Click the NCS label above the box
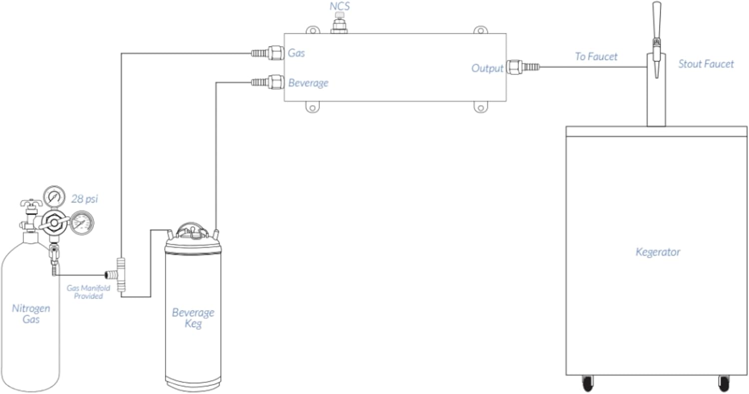tap(339, 7)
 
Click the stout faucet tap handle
tap(657, 20)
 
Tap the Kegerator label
tap(657, 252)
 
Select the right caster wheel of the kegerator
tap(724, 383)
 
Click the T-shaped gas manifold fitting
tap(120, 274)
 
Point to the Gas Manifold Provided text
tap(88, 292)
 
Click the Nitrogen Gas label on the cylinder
tap(30, 314)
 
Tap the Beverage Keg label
tap(193, 318)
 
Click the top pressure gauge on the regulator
tap(54, 196)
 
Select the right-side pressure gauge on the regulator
tap(81, 223)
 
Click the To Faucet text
tap(596, 56)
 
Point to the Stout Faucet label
tap(706, 64)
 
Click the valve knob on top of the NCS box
tap(339, 20)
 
